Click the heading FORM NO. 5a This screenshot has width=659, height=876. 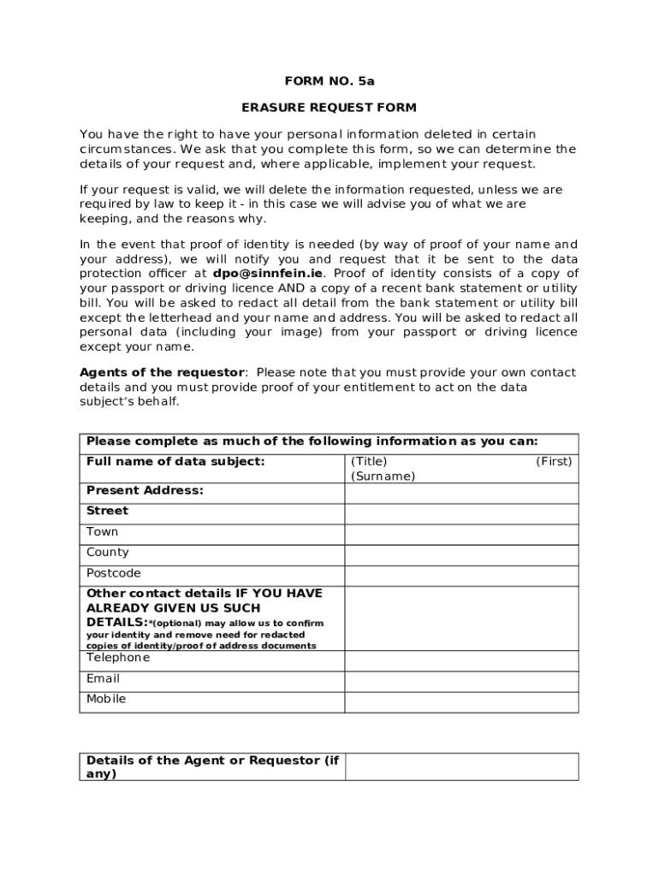pos(329,81)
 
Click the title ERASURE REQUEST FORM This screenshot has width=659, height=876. pos(329,108)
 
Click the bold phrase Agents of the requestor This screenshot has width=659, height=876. pos(163,373)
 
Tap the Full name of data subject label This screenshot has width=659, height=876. pos(175,462)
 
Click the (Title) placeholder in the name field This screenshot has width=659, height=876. pos(369,462)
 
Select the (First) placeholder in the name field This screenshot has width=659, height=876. pos(554,462)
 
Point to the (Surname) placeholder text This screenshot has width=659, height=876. pos(383,476)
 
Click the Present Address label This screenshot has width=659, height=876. pos(145,490)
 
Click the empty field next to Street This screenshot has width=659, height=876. pos(461,513)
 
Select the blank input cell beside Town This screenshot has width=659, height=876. pos(461,534)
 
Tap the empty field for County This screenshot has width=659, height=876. pos(461,554)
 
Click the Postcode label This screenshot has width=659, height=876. pos(114,573)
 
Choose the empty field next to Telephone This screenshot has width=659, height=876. pos(461,660)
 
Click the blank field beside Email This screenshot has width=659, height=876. pos(461,681)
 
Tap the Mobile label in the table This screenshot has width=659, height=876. pos(106,699)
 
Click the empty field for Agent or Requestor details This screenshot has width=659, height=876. pos(461,766)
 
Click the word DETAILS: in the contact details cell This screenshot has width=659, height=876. pos(116,622)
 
